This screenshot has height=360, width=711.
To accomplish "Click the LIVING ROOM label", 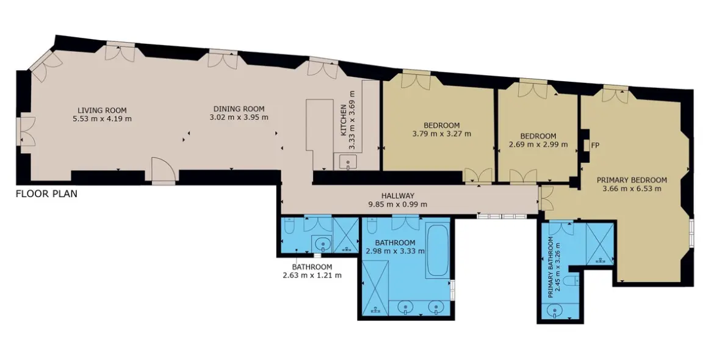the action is coord(102,110).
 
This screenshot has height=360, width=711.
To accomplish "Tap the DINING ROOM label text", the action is coord(239,109).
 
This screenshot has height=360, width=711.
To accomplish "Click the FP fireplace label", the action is coord(596,146).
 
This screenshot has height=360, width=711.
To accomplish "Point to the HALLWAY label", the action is coord(398,196).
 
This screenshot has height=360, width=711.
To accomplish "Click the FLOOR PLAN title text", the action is coord(46,194).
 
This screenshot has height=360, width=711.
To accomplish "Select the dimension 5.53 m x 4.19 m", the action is coord(102,119).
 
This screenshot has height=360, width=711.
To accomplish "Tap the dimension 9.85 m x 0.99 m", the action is coord(398,204).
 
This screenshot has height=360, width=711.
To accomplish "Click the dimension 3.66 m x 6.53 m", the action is coord(632,188).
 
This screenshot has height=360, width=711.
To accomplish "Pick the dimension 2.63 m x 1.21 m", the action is coord(312,275).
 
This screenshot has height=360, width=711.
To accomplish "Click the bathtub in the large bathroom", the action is coord(438,251).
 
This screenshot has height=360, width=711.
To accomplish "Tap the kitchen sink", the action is coord(347,162).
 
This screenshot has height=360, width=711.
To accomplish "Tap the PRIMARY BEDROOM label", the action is coord(632,179).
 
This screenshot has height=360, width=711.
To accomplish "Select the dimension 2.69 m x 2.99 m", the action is coord(538,145).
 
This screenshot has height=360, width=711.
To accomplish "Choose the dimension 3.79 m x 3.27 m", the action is coord(441,134).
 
